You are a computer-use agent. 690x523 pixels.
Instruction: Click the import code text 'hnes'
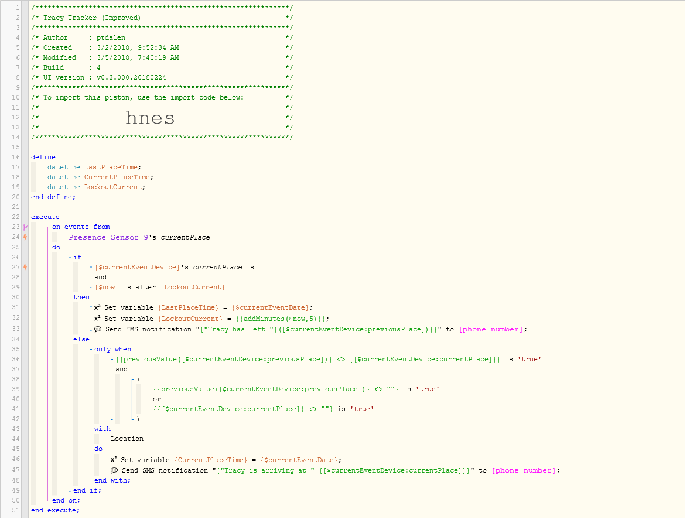click(x=150, y=118)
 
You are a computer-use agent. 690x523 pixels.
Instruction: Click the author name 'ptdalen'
click(x=111, y=38)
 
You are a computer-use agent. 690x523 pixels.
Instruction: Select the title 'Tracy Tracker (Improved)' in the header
click(x=92, y=18)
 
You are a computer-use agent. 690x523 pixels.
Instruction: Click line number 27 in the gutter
click(x=16, y=267)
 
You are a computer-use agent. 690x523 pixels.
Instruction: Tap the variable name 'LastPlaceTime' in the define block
click(x=111, y=167)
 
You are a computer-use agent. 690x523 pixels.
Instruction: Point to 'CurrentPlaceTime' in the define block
click(x=117, y=177)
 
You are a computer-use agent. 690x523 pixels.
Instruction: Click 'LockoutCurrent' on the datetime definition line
click(x=113, y=187)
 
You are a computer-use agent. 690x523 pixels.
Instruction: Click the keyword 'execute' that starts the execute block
click(x=45, y=217)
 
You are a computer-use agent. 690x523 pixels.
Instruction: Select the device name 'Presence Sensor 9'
click(x=108, y=238)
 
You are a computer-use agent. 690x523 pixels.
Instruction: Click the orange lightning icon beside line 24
click(x=26, y=238)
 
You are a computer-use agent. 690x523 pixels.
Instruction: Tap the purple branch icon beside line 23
click(x=26, y=227)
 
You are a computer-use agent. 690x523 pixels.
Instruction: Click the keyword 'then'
click(x=81, y=298)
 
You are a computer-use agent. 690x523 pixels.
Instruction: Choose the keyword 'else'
click(x=81, y=340)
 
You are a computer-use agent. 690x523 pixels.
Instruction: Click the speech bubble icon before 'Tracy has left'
click(x=98, y=330)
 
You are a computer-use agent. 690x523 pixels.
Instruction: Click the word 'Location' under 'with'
click(x=127, y=439)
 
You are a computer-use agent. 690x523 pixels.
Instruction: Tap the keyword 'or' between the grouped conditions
click(x=157, y=399)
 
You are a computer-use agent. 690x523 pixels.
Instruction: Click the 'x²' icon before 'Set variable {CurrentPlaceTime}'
click(x=114, y=459)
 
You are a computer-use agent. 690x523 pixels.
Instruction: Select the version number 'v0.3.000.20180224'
click(x=131, y=78)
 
